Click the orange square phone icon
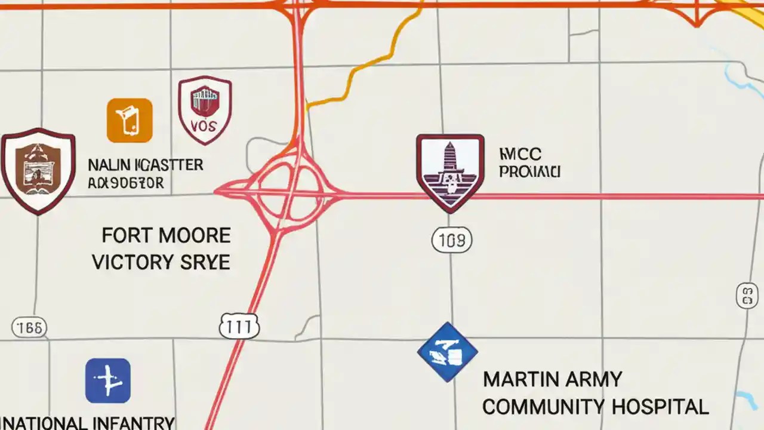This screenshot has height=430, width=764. coord(130,120)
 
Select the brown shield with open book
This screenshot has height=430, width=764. coord(38,170)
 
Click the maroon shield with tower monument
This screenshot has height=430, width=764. coord(449,172)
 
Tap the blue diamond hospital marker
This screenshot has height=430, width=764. coord(447,352)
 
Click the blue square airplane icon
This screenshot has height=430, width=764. coord(108,380)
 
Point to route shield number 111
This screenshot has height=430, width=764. coord(239,327)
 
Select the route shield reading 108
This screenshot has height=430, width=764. coord(451,241)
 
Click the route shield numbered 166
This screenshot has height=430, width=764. coord(29,327)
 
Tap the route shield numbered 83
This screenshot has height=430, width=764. coord(747,296)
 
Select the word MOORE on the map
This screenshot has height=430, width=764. coord(194,235)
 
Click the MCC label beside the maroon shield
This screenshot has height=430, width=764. coord(520,154)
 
